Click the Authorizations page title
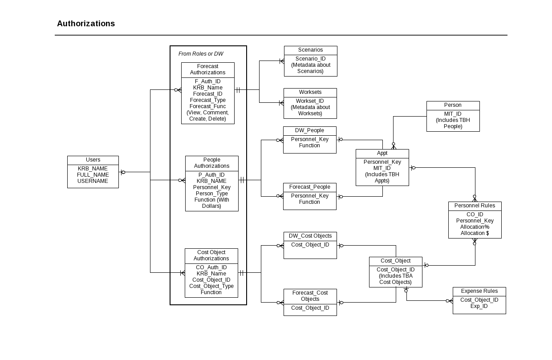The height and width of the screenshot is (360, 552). point(86,24)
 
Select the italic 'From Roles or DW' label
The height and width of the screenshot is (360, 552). point(201,54)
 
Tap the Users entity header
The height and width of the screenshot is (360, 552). point(93,160)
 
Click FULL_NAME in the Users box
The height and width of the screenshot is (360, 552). point(93,175)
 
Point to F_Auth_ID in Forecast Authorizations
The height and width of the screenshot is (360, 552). point(208,81)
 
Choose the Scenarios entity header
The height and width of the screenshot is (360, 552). point(311,50)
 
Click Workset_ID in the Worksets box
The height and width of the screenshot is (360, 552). point(310,101)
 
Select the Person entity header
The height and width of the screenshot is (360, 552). point(453,105)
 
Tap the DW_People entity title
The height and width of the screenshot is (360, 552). point(309,130)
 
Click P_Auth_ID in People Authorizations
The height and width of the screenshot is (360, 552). point(211,175)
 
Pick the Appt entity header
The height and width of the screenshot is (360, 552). point(382,153)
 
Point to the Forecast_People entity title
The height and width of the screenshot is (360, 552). point(309,187)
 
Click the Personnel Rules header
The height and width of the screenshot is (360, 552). point(475,206)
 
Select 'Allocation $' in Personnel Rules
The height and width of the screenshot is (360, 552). point(475,233)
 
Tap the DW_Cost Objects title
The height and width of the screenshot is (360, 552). point(310,236)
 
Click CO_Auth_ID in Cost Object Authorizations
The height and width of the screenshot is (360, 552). point(211,267)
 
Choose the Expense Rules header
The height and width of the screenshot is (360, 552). point(479,291)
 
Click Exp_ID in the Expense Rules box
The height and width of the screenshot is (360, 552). point(479,306)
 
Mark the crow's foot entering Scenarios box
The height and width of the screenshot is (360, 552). point(282,61)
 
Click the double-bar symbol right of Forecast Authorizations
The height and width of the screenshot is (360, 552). point(238,90)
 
